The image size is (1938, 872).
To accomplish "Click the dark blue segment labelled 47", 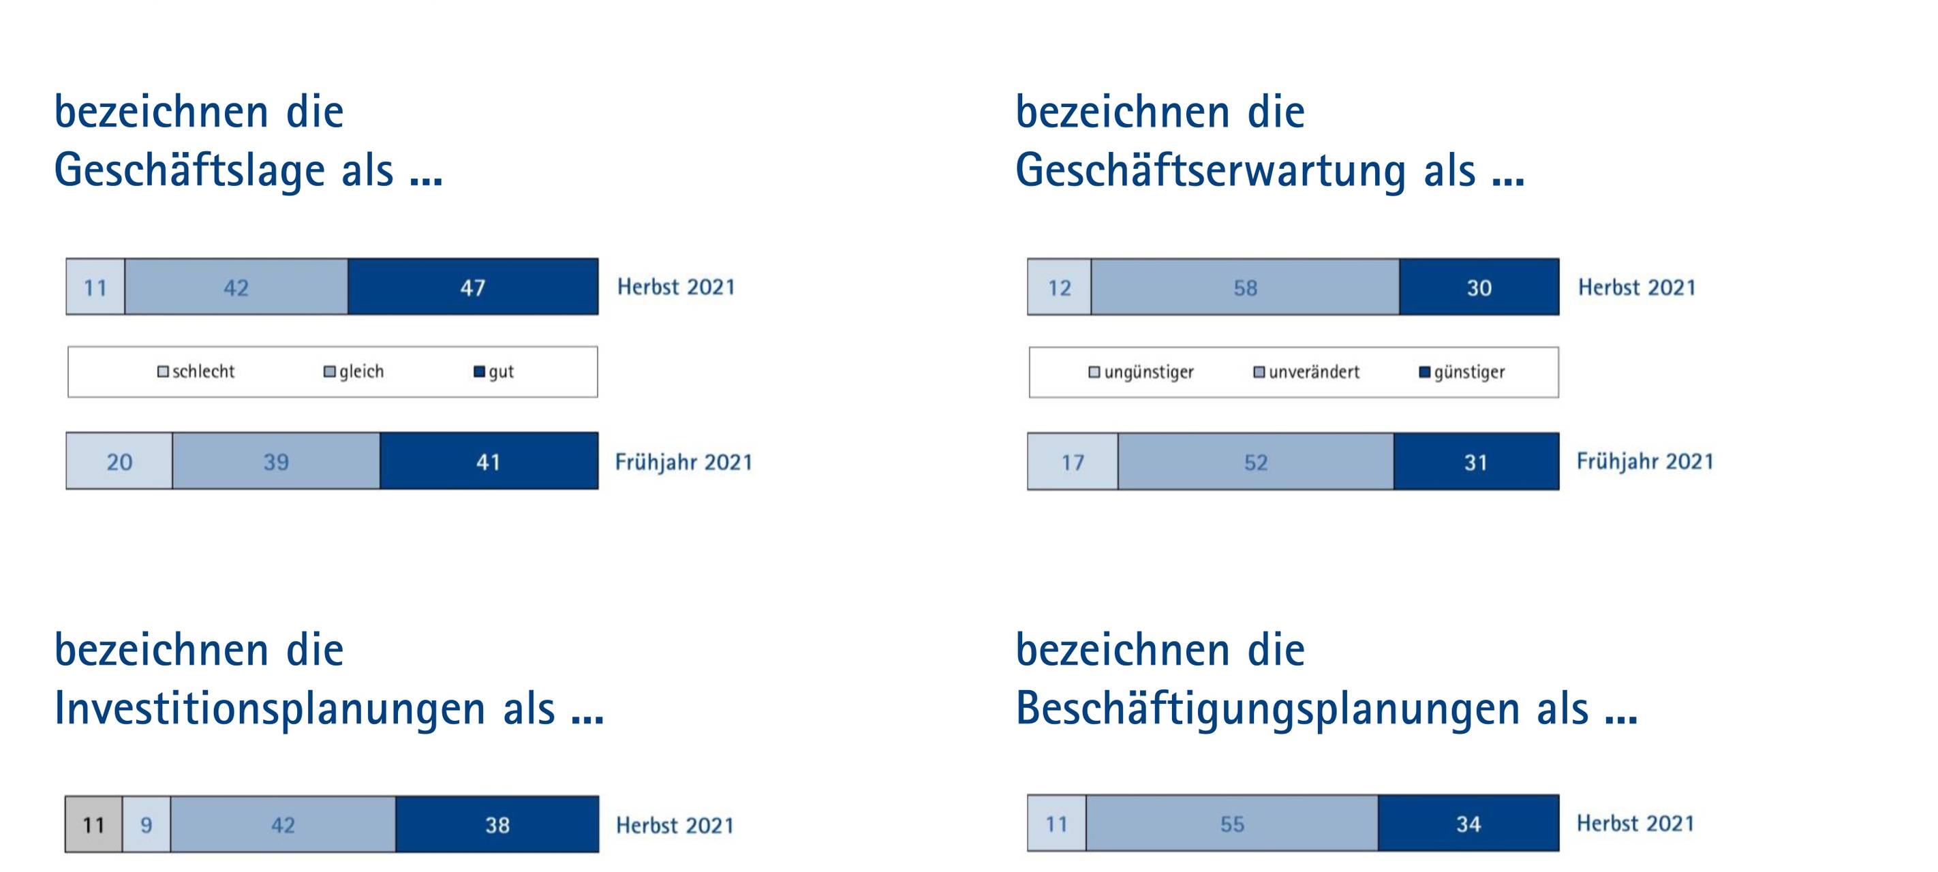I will (472, 287).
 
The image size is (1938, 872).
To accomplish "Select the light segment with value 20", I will (119, 461).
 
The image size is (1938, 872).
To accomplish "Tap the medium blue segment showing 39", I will (276, 461).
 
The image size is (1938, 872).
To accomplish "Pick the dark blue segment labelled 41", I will (489, 461).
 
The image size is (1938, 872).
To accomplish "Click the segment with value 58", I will (1245, 287).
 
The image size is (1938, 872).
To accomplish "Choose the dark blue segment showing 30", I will (1479, 287).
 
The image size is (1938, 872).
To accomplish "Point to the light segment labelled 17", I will (1073, 462).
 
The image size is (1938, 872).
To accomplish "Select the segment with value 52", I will (1256, 462).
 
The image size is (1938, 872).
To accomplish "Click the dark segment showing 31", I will (1476, 462).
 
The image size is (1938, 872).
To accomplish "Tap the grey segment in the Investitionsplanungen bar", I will (93, 824).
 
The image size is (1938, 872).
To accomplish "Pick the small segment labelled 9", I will (147, 824).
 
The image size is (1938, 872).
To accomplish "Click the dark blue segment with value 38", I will (497, 824).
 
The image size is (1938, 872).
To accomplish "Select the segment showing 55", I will (1232, 824).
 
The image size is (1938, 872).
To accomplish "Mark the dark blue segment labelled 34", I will (1468, 824).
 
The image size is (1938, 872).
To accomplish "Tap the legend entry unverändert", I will (1307, 373).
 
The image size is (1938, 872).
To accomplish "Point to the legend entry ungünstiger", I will (1142, 373).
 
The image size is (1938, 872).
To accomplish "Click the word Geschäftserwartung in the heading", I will (1210, 171).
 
